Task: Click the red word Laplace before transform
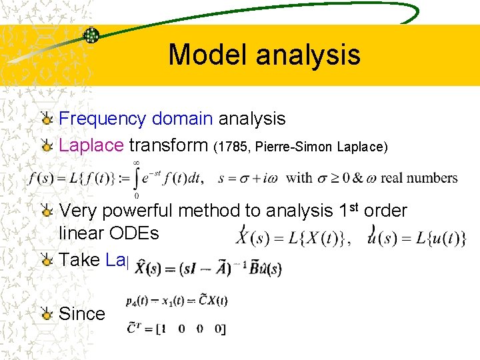coord(91,145)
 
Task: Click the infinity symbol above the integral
coord(137,162)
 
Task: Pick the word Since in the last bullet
coord(82,313)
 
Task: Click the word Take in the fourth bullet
coord(80,259)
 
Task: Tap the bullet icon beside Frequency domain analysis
coord(47,119)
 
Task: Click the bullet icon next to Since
coord(47,314)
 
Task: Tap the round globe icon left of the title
coord(91,35)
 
